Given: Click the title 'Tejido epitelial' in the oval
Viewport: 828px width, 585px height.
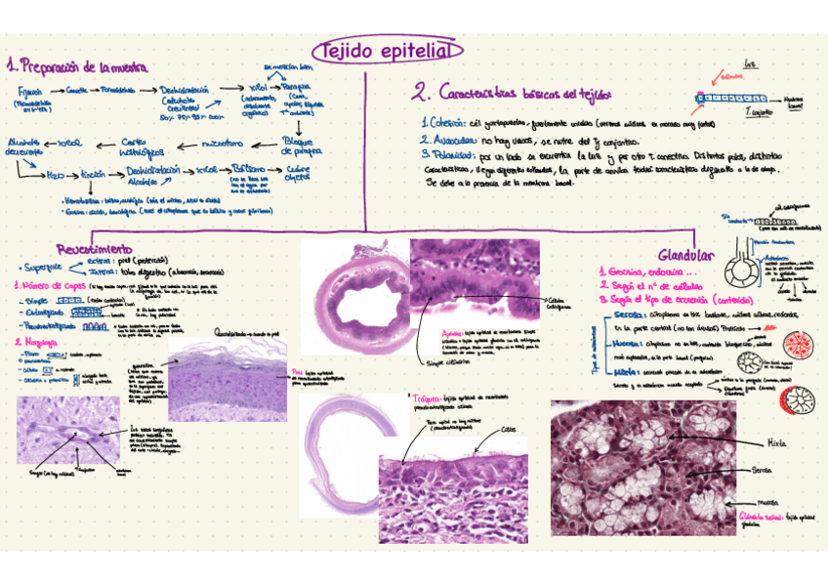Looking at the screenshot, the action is tap(387, 51).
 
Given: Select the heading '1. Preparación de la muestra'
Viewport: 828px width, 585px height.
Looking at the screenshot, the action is tap(76, 67).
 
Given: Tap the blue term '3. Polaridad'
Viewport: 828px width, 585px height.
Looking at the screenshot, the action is tap(448, 154).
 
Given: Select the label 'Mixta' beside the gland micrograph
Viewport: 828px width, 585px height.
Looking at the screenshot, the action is tap(777, 442).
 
